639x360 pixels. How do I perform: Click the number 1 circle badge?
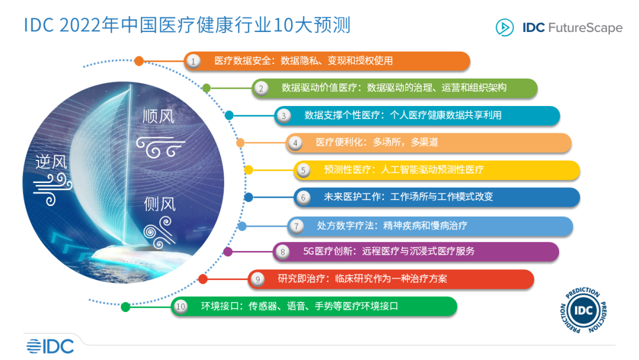[193, 61]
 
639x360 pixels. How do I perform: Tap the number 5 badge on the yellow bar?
[303, 170]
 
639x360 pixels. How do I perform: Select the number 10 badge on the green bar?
[180, 307]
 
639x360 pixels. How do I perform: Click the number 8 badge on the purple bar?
[283, 252]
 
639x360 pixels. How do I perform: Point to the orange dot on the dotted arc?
[139, 60]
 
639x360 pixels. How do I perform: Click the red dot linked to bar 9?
[203, 279]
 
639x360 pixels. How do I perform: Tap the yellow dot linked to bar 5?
[248, 170]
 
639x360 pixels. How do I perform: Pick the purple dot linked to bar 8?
[228, 252]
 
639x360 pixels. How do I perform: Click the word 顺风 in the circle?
[159, 116]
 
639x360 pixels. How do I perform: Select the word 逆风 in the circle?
[51, 161]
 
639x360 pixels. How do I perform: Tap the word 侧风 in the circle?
[160, 204]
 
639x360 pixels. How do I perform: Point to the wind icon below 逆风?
[52, 188]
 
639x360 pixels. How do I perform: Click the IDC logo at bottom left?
[50, 346]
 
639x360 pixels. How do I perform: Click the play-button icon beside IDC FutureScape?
[504, 27]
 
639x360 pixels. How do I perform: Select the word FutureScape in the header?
[586, 28]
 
